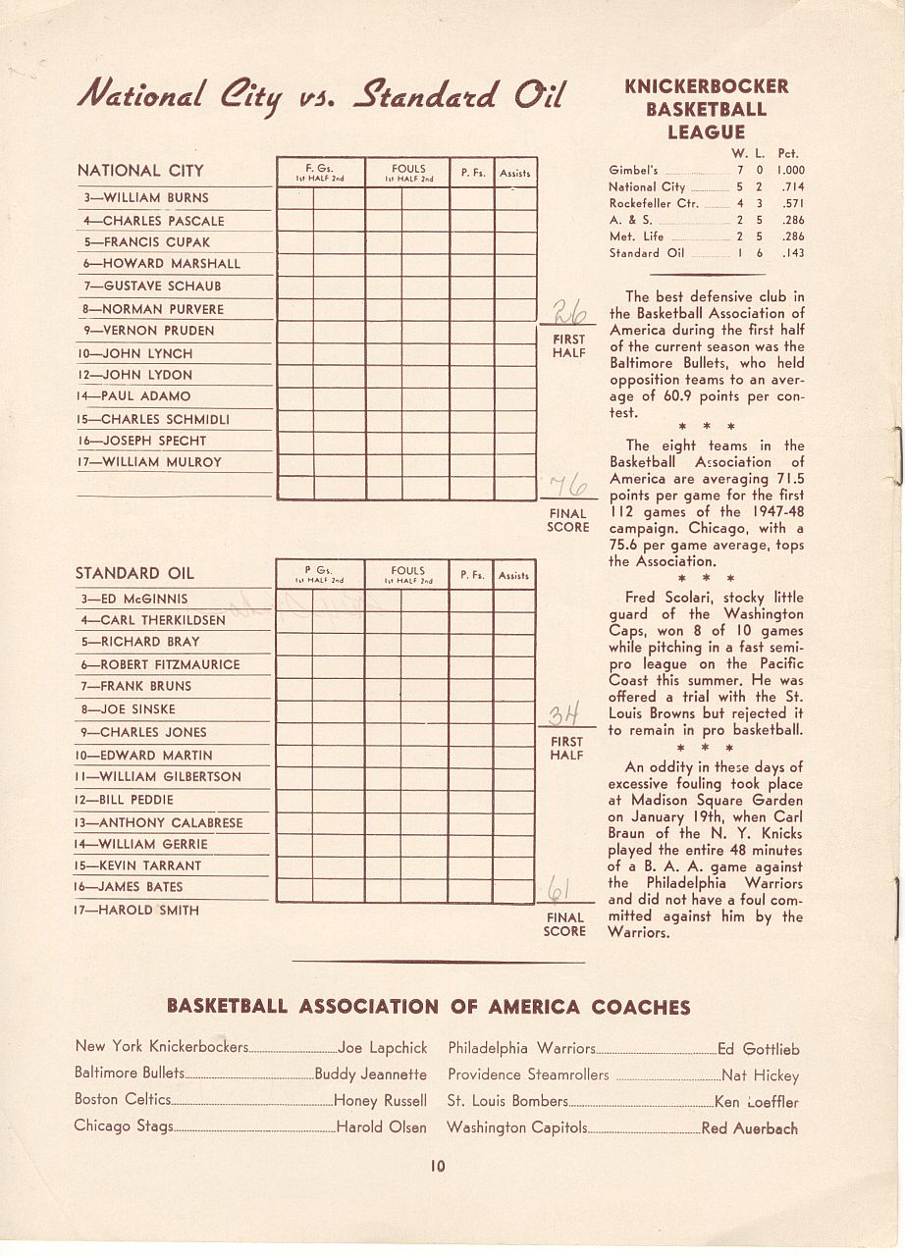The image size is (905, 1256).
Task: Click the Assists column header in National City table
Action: (514, 173)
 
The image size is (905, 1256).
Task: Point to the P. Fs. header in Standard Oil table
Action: (472, 576)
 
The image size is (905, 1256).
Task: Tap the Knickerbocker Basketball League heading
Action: (706, 108)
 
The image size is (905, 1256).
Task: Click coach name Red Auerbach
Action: (750, 1128)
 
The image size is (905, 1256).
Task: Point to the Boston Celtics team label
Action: (123, 1099)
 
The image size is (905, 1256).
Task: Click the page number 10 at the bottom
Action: (437, 1166)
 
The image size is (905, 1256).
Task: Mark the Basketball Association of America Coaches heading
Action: (428, 1006)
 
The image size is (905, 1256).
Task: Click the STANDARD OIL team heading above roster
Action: (134, 573)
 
